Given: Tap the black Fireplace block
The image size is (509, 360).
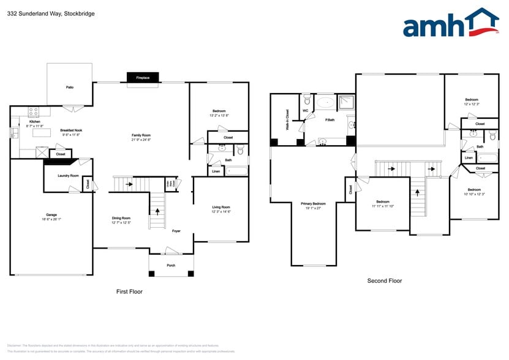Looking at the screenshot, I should (x=143, y=78).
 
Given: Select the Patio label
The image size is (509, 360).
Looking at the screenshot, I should (x=70, y=88).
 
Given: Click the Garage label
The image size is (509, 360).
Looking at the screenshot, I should (x=51, y=215).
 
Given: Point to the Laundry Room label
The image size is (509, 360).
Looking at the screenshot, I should (x=68, y=176).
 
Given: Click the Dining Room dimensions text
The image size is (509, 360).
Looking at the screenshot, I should (x=121, y=222).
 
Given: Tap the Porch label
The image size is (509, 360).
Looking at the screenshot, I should (x=171, y=265).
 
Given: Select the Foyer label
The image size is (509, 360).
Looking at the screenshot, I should (x=176, y=231).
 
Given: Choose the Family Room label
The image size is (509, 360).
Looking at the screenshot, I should (x=141, y=135).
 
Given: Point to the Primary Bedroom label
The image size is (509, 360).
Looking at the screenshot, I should (x=313, y=203).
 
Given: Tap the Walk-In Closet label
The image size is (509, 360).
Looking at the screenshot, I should (x=287, y=119).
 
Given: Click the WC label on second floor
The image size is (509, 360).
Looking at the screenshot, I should (x=305, y=111).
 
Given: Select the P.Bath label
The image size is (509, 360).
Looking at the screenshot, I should (x=330, y=119).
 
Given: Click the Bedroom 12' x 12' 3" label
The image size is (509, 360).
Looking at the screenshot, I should (x=471, y=99).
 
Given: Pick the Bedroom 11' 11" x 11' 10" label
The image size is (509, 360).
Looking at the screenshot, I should (x=383, y=201).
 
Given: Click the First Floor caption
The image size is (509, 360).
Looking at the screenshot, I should (x=129, y=291).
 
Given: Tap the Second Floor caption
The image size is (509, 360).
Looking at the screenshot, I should (x=385, y=280).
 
